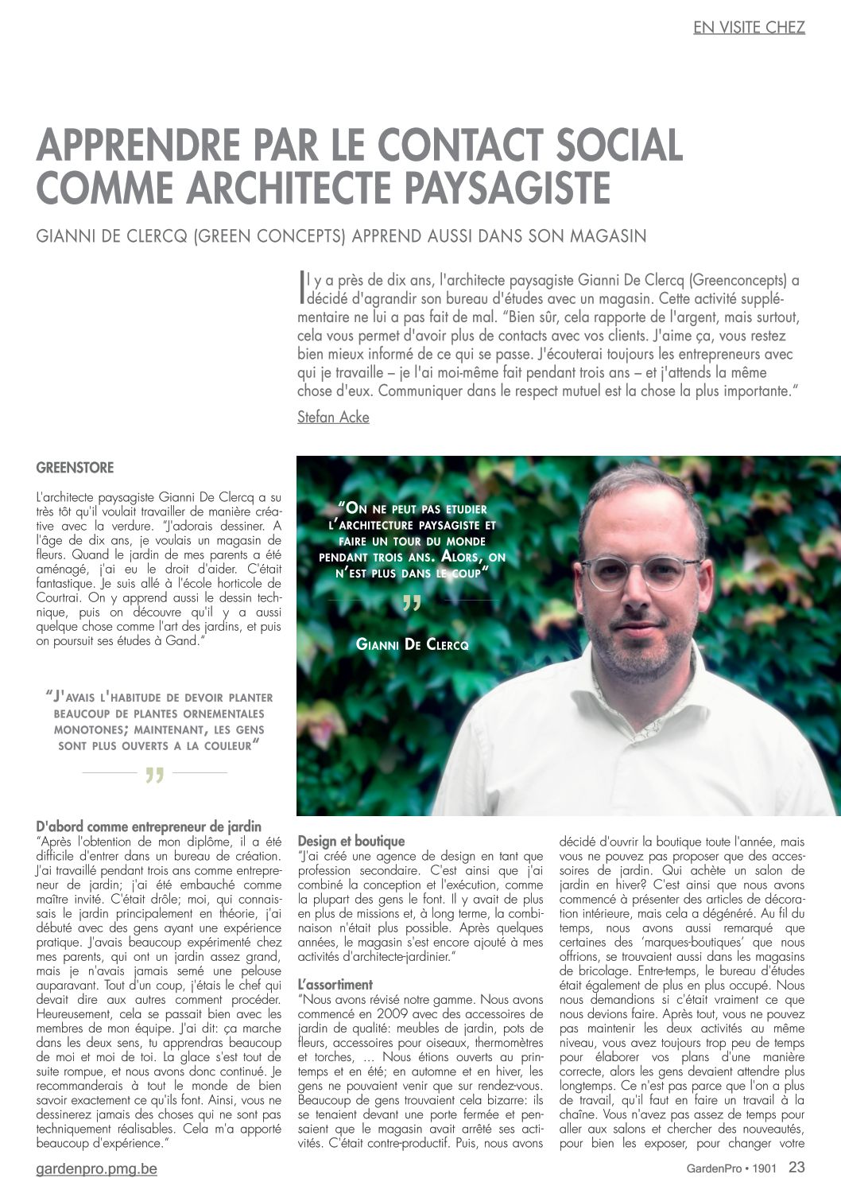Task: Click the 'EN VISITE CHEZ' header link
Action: click(749, 27)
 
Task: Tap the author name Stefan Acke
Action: click(333, 417)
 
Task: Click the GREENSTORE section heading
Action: click(75, 468)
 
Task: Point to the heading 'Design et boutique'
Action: click(351, 841)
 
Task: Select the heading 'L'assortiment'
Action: click(335, 984)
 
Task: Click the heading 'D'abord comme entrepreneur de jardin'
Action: click(149, 827)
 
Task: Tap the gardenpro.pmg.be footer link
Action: click(96, 1169)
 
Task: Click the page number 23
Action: click(796, 1168)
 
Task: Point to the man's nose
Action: click(642, 593)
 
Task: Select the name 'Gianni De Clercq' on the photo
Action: click(412, 644)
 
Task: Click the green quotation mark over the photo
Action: click(412, 604)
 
